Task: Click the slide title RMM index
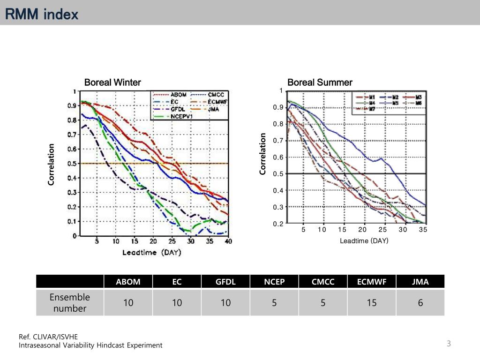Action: click(x=41, y=15)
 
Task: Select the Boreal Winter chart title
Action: click(x=112, y=82)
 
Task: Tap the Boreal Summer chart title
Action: click(x=320, y=82)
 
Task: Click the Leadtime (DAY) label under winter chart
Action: click(x=152, y=252)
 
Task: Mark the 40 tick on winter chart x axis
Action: click(x=228, y=241)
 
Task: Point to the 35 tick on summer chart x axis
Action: click(x=423, y=230)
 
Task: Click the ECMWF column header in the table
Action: click(x=372, y=282)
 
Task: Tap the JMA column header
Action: click(x=420, y=282)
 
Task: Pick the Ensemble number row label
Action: click(x=70, y=303)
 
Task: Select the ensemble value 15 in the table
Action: click(x=372, y=303)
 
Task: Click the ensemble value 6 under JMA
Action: click(x=420, y=303)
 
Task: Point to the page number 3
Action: click(x=449, y=344)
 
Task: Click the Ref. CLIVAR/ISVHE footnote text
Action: click(x=49, y=337)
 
